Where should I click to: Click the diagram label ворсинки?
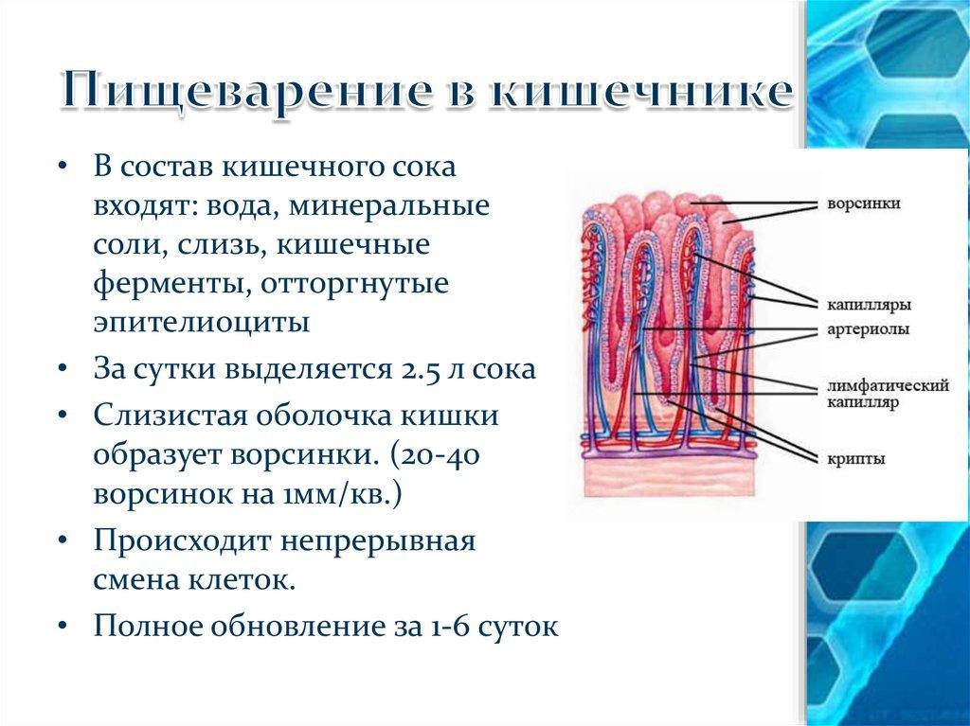[864, 204]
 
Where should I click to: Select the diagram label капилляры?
[870, 305]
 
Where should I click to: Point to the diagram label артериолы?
[869, 329]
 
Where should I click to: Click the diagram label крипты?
[856, 459]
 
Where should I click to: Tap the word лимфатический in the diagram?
[888, 386]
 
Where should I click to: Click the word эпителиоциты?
[202, 323]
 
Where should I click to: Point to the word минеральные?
[389, 206]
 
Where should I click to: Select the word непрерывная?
[378, 541]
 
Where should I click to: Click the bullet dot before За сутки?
[63, 370]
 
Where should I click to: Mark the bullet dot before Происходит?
[63, 542]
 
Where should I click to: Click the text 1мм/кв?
[337, 495]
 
